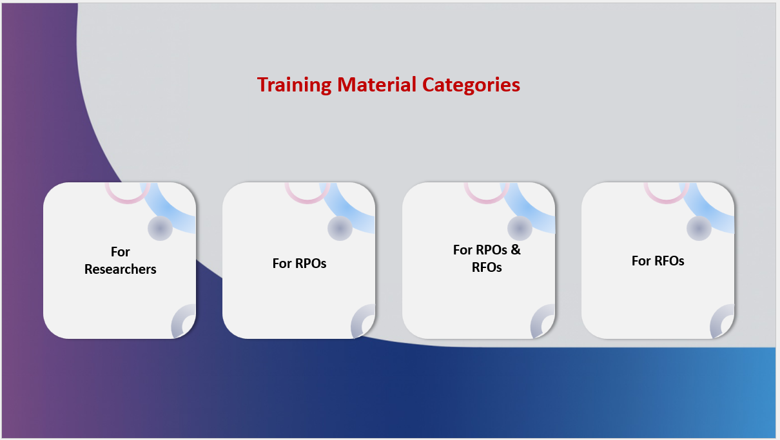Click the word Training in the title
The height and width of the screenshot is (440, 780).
tap(294, 85)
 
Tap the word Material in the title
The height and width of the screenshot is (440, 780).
tap(376, 84)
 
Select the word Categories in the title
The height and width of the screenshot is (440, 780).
tap(471, 85)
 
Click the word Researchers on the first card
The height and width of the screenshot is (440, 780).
tap(120, 269)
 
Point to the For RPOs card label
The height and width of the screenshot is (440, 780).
tap(299, 263)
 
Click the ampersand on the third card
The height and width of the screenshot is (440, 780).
tap(516, 249)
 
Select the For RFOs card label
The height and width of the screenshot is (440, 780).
tap(658, 261)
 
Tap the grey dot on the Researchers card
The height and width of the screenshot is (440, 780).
tap(160, 228)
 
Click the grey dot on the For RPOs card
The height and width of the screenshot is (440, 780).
tap(340, 228)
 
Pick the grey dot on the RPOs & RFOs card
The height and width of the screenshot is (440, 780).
tap(520, 228)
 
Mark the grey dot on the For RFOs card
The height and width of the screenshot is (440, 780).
tap(699, 228)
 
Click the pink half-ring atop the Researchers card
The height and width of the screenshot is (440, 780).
tap(128, 201)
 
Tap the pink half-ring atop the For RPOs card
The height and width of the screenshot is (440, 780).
tap(307, 201)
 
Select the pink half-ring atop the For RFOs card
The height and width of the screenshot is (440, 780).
tap(666, 201)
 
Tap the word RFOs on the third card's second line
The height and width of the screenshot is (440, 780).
tap(487, 267)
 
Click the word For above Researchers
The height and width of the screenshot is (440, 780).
tap(120, 252)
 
